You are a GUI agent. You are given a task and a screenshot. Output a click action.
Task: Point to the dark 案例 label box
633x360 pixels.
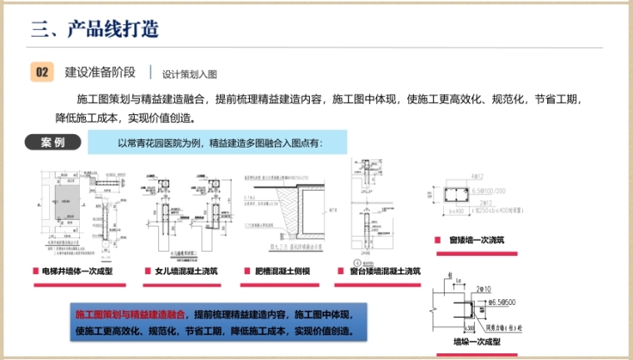52,142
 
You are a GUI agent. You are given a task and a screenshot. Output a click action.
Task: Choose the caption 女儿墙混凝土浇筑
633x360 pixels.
187,271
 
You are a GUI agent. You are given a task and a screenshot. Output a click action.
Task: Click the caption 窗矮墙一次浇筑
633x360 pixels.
476,241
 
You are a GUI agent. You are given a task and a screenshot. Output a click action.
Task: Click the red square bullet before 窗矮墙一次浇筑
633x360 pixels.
437,241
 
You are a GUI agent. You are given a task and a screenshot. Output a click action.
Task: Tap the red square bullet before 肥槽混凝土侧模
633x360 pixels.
247,271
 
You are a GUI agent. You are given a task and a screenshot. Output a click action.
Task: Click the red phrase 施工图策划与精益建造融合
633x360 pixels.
130,315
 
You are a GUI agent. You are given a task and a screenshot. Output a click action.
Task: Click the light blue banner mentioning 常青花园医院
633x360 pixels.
220,142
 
